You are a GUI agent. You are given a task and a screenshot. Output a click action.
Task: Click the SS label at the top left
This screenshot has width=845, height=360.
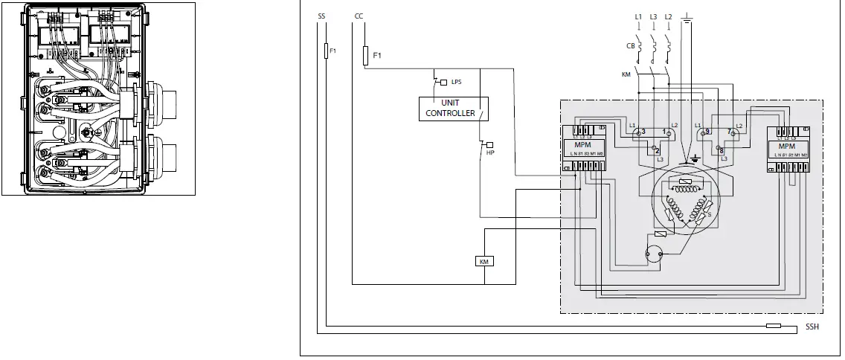click(x=321, y=16)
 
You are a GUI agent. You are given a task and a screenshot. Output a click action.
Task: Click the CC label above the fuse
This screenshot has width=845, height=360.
click(x=359, y=16)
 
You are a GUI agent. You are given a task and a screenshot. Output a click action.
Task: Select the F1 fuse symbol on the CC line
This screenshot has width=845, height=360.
click(x=364, y=55)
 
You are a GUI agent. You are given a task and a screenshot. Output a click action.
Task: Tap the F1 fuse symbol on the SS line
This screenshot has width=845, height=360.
click(x=326, y=51)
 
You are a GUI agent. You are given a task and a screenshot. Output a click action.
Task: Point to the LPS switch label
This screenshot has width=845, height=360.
click(x=456, y=82)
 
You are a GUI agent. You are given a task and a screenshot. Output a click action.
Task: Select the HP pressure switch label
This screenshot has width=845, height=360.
click(x=490, y=152)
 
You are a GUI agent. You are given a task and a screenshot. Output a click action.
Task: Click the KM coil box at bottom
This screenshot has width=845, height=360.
click(x=484, y=261)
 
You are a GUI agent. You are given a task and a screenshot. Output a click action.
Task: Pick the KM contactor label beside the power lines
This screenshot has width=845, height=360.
click(x=626, y=75)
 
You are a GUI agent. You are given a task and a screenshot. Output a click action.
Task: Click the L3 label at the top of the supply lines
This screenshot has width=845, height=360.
click(x=653, y=16)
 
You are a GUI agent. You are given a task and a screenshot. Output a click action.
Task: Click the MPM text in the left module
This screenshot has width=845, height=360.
click(x=583, y=145)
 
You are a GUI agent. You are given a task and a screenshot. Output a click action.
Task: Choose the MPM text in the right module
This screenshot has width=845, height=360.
click(x=787, y=147)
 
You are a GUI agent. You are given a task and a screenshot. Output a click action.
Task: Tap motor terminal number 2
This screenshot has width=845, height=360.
click(x=657, y=151)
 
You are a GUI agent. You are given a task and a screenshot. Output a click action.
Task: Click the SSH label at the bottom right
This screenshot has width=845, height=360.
click(x=812, y=327)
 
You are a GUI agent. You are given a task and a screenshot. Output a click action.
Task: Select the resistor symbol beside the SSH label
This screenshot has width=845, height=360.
click(x=774, y=326)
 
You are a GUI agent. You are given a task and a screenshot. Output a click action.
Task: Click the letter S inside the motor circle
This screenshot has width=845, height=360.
click(x=708, y=215)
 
